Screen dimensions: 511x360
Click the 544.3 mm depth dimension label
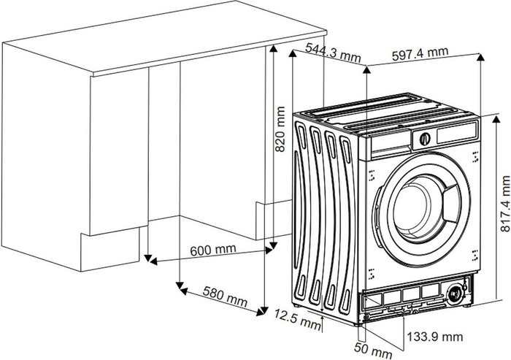pos(333,52)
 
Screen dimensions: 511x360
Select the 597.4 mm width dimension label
pos(420,53)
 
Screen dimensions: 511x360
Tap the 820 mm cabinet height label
pos(280,129)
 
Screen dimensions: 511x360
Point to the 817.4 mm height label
pos(505,204)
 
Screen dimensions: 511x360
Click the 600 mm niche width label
pos(213,250)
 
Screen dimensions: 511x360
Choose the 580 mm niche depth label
pos(225,296)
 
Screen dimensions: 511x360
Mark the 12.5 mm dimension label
pos(297,319)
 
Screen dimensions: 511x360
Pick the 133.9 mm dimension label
pos(435,337)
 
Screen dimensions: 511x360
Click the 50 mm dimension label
pos(373,350)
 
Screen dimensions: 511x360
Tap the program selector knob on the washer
pos(425,139)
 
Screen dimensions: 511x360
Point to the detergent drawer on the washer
pos(390,142)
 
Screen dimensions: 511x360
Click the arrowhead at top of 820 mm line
pos(274,49)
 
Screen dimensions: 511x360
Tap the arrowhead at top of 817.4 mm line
pos(496,119)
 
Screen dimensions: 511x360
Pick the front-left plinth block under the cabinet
pos(109,250)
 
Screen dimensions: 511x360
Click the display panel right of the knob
pos(457,132)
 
